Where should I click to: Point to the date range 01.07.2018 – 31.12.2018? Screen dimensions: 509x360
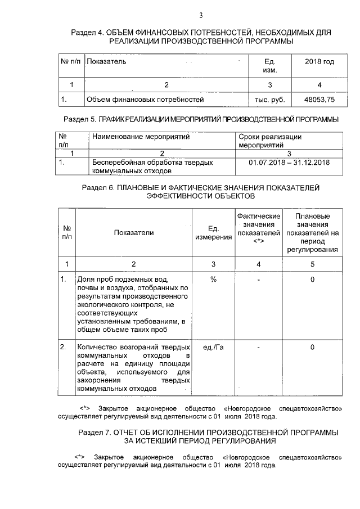click(288, 163)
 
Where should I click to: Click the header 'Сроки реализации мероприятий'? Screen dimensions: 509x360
click(270, 141)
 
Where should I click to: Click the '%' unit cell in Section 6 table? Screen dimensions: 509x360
click(213, 280)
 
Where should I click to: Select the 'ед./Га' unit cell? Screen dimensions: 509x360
click(213, 347)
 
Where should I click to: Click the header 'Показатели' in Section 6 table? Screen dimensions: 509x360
click(133, 232)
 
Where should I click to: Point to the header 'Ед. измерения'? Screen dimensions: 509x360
click(213, 232)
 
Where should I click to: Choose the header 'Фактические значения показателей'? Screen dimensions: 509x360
click(259, 228)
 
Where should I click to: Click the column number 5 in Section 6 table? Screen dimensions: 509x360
click(312, 264)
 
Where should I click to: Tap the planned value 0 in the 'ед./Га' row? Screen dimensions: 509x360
click(312, 347)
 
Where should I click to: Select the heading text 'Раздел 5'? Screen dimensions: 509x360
click(79, 119)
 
